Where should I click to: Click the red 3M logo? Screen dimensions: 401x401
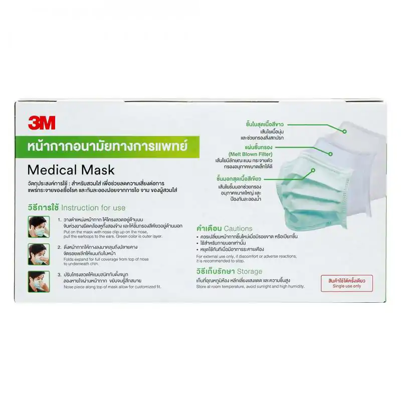(42, 122)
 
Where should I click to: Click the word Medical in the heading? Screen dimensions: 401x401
(52, 169)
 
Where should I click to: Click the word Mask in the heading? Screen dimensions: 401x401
(97, 169)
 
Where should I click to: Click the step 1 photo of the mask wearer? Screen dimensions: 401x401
(39, 227)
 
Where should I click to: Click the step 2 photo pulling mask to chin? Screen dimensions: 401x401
(39, 254)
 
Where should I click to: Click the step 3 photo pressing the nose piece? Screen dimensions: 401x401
(39, 281)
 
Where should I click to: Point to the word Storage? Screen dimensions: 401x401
(249, 271)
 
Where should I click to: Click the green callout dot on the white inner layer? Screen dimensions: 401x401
(344, 131)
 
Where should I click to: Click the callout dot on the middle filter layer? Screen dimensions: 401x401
(330, 153)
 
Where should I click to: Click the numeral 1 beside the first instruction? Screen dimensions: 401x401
(59, 220)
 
